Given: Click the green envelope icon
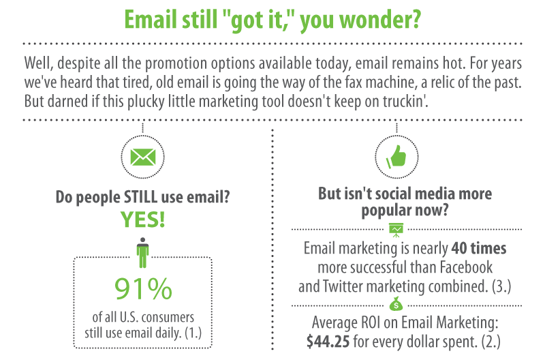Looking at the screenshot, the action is (142, 157).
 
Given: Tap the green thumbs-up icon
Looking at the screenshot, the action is (396, 157).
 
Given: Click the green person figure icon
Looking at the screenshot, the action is (142, 252).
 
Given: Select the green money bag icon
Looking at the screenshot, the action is (396, 304).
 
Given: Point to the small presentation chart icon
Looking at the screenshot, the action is (396, 230).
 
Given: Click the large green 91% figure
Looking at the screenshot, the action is (143, 288).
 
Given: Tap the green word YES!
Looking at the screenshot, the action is (142, 220).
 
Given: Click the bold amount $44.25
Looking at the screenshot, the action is (328, 342).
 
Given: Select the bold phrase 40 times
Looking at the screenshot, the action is (479, 248).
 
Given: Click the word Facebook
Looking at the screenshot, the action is (466, 267).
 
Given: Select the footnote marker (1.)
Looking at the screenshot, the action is (193, 333).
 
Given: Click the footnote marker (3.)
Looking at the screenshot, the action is (501, 286).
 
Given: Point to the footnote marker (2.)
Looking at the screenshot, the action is (490, 342).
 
